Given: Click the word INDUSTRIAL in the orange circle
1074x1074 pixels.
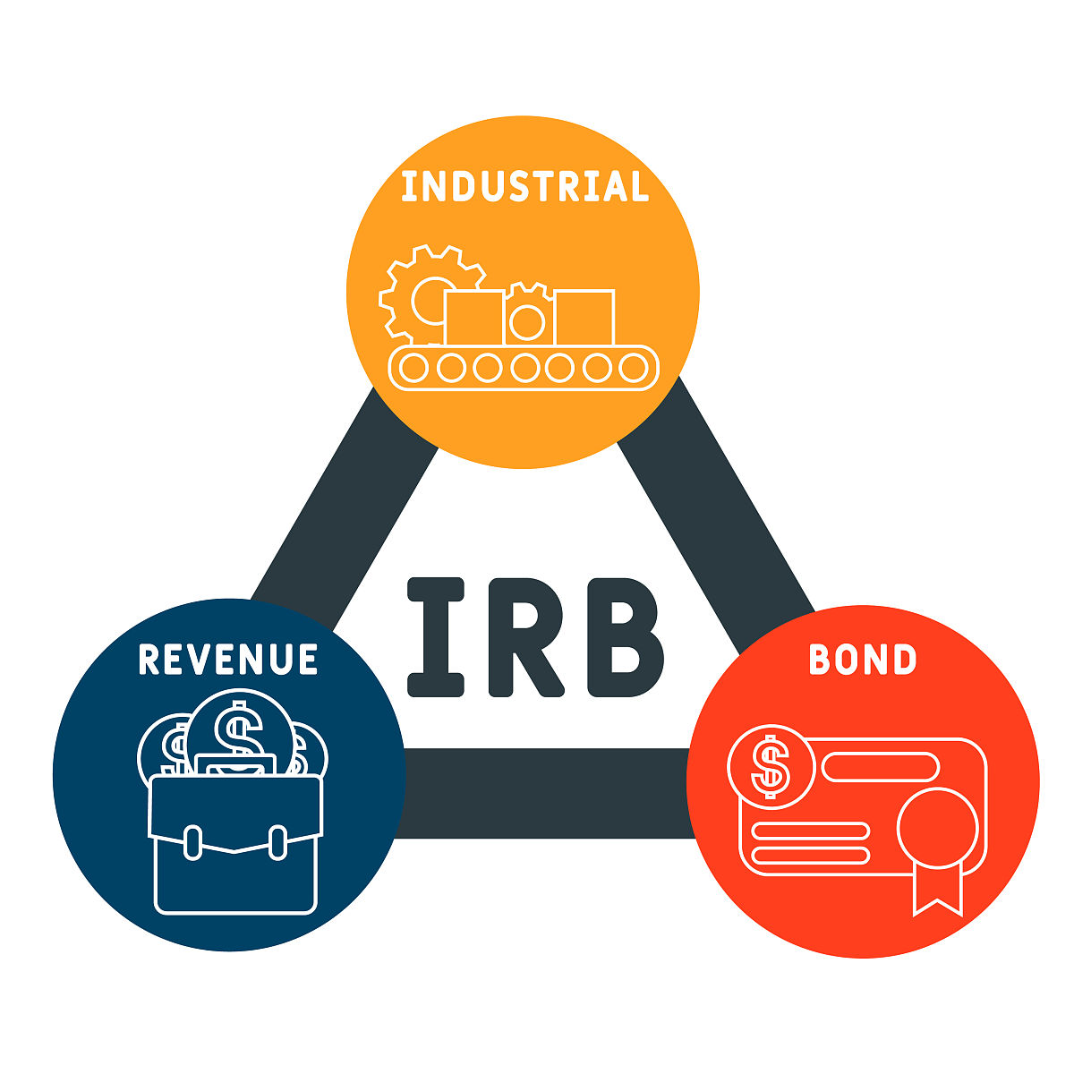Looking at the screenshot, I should point(524,187).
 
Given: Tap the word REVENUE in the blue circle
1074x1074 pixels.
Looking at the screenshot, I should point(228,659).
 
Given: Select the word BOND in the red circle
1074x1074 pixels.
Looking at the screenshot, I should point(862,660).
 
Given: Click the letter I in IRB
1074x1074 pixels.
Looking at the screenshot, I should point(437,637).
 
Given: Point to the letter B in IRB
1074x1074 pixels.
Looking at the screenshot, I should point(625,637).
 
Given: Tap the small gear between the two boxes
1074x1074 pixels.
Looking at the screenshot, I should point(528,315).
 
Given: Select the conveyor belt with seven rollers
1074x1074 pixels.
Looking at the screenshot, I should point(524,368).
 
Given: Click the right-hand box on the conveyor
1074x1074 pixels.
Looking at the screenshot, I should point(584,317).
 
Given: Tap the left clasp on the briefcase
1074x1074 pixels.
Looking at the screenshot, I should point(192,841).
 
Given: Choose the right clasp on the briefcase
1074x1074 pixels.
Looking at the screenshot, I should point(277,841).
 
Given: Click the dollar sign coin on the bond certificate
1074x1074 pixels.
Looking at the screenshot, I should point(771,765).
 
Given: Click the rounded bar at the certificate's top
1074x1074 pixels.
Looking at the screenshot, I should point(880,766).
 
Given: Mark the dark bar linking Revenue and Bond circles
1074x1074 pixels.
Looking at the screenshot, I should point(546,793).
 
